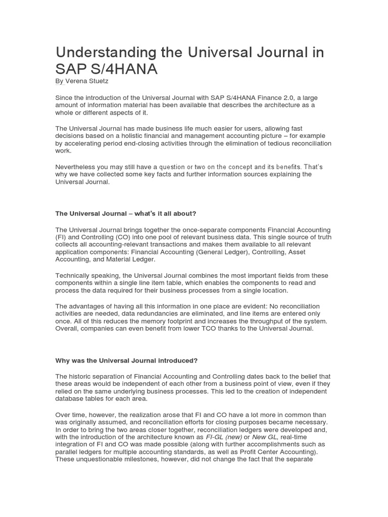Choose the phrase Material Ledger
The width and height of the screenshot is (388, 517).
point(133,259)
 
